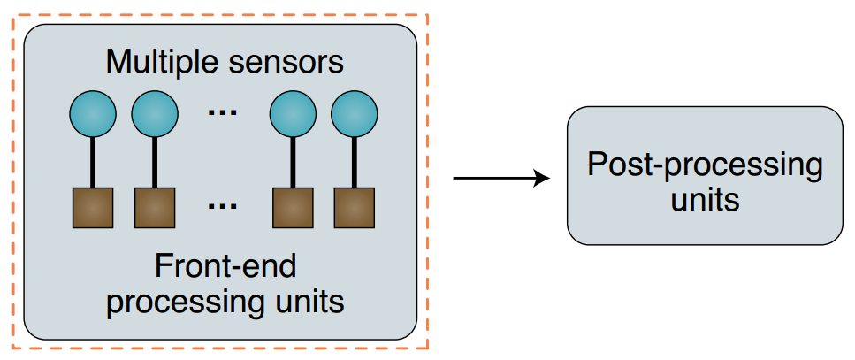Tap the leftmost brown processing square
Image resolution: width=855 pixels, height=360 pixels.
tap(93, 208)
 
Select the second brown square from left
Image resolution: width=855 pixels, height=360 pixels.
tap(155, 208)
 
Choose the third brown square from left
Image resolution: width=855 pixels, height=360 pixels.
tap(293, 208)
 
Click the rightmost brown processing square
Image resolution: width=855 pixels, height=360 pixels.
tap(355, 208)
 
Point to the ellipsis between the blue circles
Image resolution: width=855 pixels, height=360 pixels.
tap(222, 112)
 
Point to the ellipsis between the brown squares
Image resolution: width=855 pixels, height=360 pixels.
tap(222, 207)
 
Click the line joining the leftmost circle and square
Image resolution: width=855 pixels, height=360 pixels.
tap(93, 162)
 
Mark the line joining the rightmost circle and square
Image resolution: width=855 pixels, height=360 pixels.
tap(355, 162)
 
